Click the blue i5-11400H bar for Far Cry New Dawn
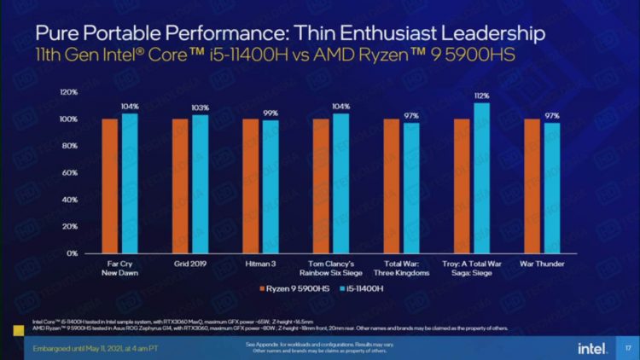[130, 183]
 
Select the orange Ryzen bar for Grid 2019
[180, 186]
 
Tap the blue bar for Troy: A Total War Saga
[482, 177]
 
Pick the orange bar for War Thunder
[532, 186]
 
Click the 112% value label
[482, 96]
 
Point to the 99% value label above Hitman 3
[271, 113]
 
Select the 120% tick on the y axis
[68, 92]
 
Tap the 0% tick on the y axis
[72, 253]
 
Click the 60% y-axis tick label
[70, 173]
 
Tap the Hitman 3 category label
[260, 264]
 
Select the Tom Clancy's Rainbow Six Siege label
[331, 269]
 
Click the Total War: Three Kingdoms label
[401, 269]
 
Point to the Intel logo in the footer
[591, 347]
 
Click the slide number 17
[627, 347]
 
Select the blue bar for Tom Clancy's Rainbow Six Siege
[341, 183]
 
